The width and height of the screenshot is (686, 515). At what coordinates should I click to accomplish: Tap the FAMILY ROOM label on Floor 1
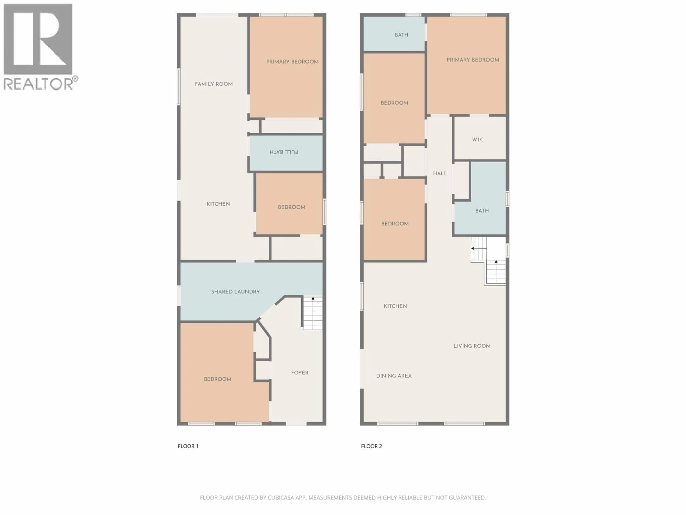214,84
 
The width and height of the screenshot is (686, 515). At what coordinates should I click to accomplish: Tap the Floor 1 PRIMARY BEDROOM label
292,62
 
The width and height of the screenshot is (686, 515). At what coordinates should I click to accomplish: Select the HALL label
440,173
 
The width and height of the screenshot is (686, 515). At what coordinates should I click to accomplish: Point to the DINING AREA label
394,376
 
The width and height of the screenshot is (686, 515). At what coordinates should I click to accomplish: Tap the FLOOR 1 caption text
188,446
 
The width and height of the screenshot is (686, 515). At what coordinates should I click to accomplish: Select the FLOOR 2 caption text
371,446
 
